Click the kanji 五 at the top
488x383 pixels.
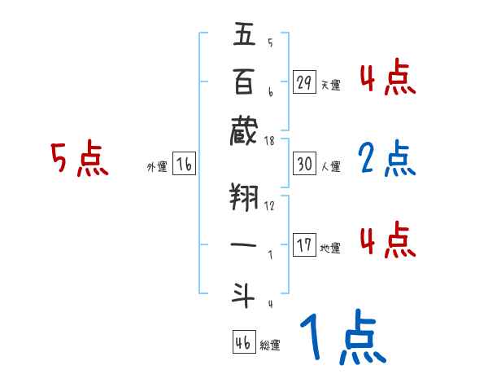pos(245,36)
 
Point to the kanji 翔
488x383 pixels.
pos(245,197)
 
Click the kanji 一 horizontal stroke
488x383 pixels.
pos(245,243)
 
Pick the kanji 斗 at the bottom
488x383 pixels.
pos(245,291)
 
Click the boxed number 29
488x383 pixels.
pos(305,82)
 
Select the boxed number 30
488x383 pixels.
pos(305,164)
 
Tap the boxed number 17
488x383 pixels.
pos(305,245)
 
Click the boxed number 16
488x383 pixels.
pos(185,164)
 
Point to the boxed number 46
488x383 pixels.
pos(243,342)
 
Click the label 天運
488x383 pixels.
pos(330,85)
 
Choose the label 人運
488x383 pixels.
pos(330,166)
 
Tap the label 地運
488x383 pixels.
pos(330,248)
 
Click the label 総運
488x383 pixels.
pos(271,345)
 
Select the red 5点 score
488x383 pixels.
pos(80,160)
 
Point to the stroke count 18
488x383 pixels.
pos(269,141)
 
